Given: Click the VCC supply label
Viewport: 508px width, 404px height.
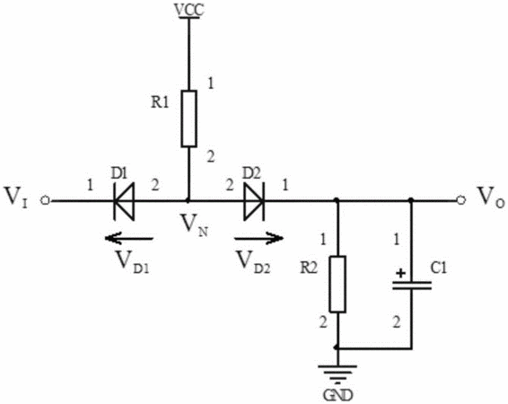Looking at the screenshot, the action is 189,10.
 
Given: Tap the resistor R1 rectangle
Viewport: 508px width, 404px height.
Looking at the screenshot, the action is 188,119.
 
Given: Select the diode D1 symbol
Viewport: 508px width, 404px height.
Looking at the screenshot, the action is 124,201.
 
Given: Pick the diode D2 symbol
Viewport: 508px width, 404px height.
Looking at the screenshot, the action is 254,201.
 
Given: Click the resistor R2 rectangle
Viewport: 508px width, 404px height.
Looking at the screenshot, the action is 337,284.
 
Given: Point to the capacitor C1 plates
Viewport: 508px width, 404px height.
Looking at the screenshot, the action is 412,285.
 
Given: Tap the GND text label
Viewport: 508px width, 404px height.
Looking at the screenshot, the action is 337,395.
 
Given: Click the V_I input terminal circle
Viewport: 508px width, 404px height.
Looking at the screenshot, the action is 45,201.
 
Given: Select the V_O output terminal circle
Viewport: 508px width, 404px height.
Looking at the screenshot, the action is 461,200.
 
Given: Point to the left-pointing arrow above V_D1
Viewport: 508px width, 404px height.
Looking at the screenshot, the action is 128,239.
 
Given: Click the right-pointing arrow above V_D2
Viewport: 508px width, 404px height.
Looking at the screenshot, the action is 259,239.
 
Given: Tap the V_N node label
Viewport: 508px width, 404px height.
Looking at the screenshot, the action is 194,225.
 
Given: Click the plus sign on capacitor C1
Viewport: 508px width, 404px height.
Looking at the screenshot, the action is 401,274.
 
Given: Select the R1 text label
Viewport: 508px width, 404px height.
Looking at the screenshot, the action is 160,102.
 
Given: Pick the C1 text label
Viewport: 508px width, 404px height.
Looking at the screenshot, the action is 439,268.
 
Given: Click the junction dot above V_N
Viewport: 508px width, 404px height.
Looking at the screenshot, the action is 188,201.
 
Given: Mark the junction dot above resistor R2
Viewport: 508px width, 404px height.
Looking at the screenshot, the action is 337,200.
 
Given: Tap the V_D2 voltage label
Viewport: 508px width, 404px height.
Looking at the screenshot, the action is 253,262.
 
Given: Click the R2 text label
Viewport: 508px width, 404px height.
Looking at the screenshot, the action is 309,268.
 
